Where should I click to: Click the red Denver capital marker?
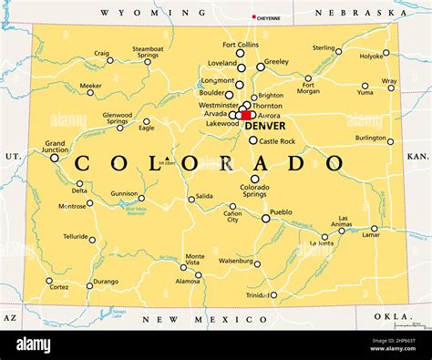pyautogui.click(x=246, y=116)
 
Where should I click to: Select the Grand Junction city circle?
pyautogui.click(x=55, y=158)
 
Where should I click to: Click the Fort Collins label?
pyautogui.click(x=241, y=45)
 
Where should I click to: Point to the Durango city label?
pyautogui.click(x=106, y=282)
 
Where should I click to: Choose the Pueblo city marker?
pyautogui.click(x=266, y=219)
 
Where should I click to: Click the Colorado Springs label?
pyautogui.click(x=254, y=192)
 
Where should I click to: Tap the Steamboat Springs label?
pyautogui.click(x=148, y=52)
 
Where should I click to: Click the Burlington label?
pyautogui.click(x=370, y=138)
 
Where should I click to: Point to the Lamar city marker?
pyautogui.click(x=375, y=229)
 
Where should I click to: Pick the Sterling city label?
pyautogui.click(x=324, y=47)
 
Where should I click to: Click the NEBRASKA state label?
pyautogui.click(x=360, y=13)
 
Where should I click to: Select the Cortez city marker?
pyautogui.click(x=49, y=281)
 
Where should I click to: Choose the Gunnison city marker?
pyautogui.click(x=141, y=198)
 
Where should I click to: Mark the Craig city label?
pyautogui.click(x=102, y=53)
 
